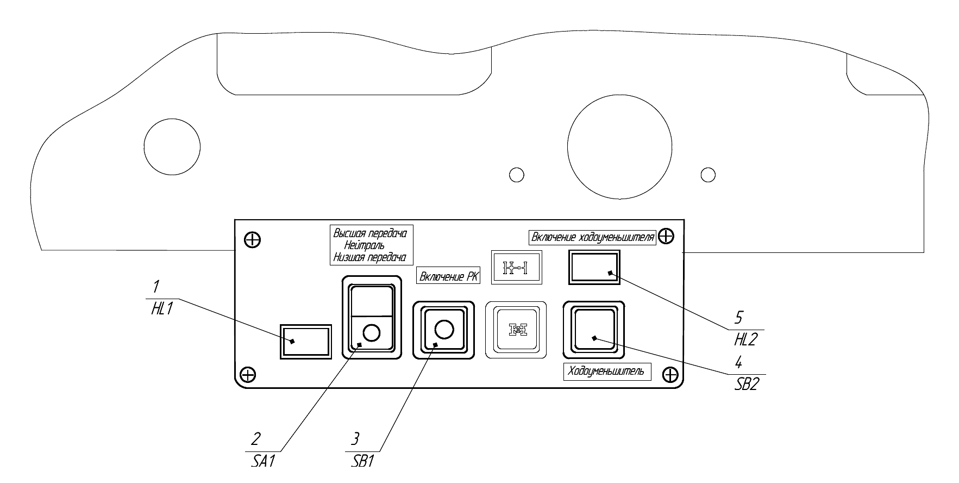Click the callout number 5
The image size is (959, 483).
738,317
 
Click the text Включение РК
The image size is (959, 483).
449,276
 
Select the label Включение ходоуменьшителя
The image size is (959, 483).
592,238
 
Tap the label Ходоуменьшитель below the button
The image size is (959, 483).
606,371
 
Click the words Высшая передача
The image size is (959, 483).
369,233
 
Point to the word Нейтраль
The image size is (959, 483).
367,245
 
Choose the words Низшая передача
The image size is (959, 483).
369,257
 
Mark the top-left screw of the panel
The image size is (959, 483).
252,239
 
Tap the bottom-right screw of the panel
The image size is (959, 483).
670,374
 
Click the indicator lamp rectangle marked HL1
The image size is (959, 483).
305,341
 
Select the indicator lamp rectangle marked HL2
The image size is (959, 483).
594,267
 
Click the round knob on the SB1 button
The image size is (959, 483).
444,330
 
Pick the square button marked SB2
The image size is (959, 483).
594,330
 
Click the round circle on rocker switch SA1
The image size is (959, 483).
372,332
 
